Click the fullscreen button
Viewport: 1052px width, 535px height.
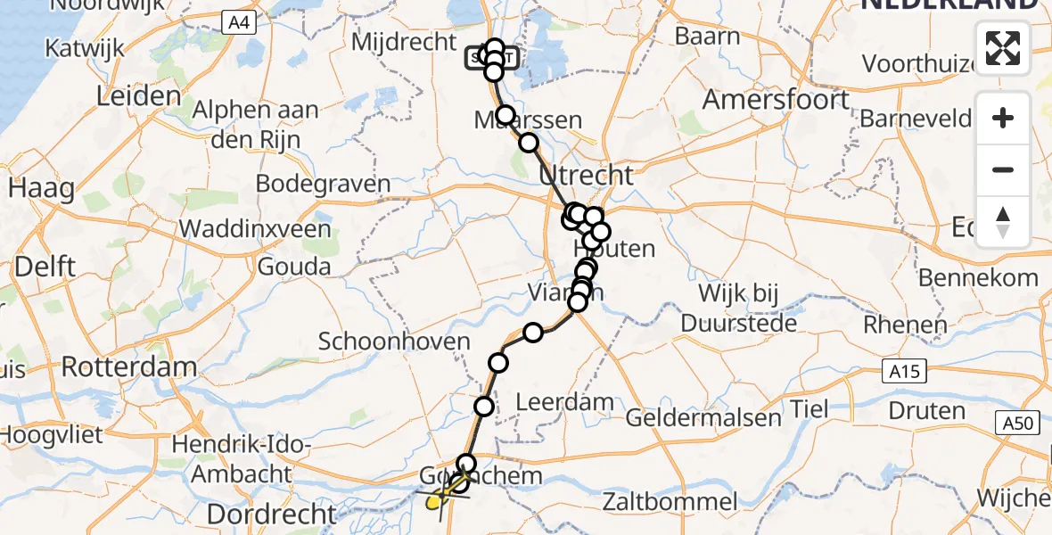point(1003,48)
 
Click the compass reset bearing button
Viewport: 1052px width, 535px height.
point(1003,222)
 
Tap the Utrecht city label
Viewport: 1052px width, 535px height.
point(586,175)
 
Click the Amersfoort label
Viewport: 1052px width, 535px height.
point(776,99)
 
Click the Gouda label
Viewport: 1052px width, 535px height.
point(293,266)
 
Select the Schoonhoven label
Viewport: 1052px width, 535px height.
point(394,342)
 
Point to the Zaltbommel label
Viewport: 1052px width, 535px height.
point(670,502)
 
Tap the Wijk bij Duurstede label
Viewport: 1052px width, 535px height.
point(739,308)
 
